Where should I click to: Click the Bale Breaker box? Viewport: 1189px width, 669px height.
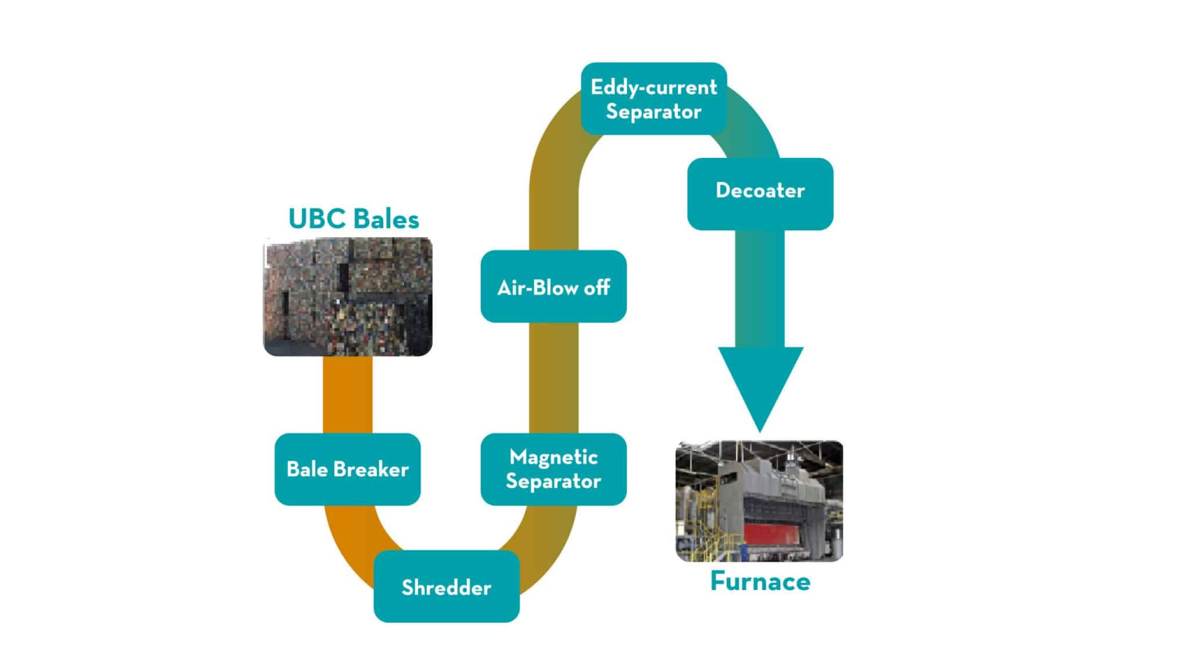[x=347, y=469]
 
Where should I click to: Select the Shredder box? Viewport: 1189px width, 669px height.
[x=446, y=587]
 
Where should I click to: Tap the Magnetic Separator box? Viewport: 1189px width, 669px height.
[x=554, y=469]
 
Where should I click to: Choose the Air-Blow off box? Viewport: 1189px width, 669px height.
[x=554, y=287]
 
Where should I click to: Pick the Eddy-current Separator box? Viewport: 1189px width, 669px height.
[x=653, y=98]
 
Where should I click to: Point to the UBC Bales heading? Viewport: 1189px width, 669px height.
[x=353, y=219]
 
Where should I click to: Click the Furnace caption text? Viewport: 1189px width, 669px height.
[x=760, y=582]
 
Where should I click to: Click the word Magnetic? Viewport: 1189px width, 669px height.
[x=554, y=457]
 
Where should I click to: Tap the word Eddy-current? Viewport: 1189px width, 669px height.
[x=653, y=87]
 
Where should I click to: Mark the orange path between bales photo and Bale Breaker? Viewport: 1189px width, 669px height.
[x=347, y=395]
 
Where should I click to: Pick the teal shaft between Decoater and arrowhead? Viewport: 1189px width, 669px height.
[x=760, y=288]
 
